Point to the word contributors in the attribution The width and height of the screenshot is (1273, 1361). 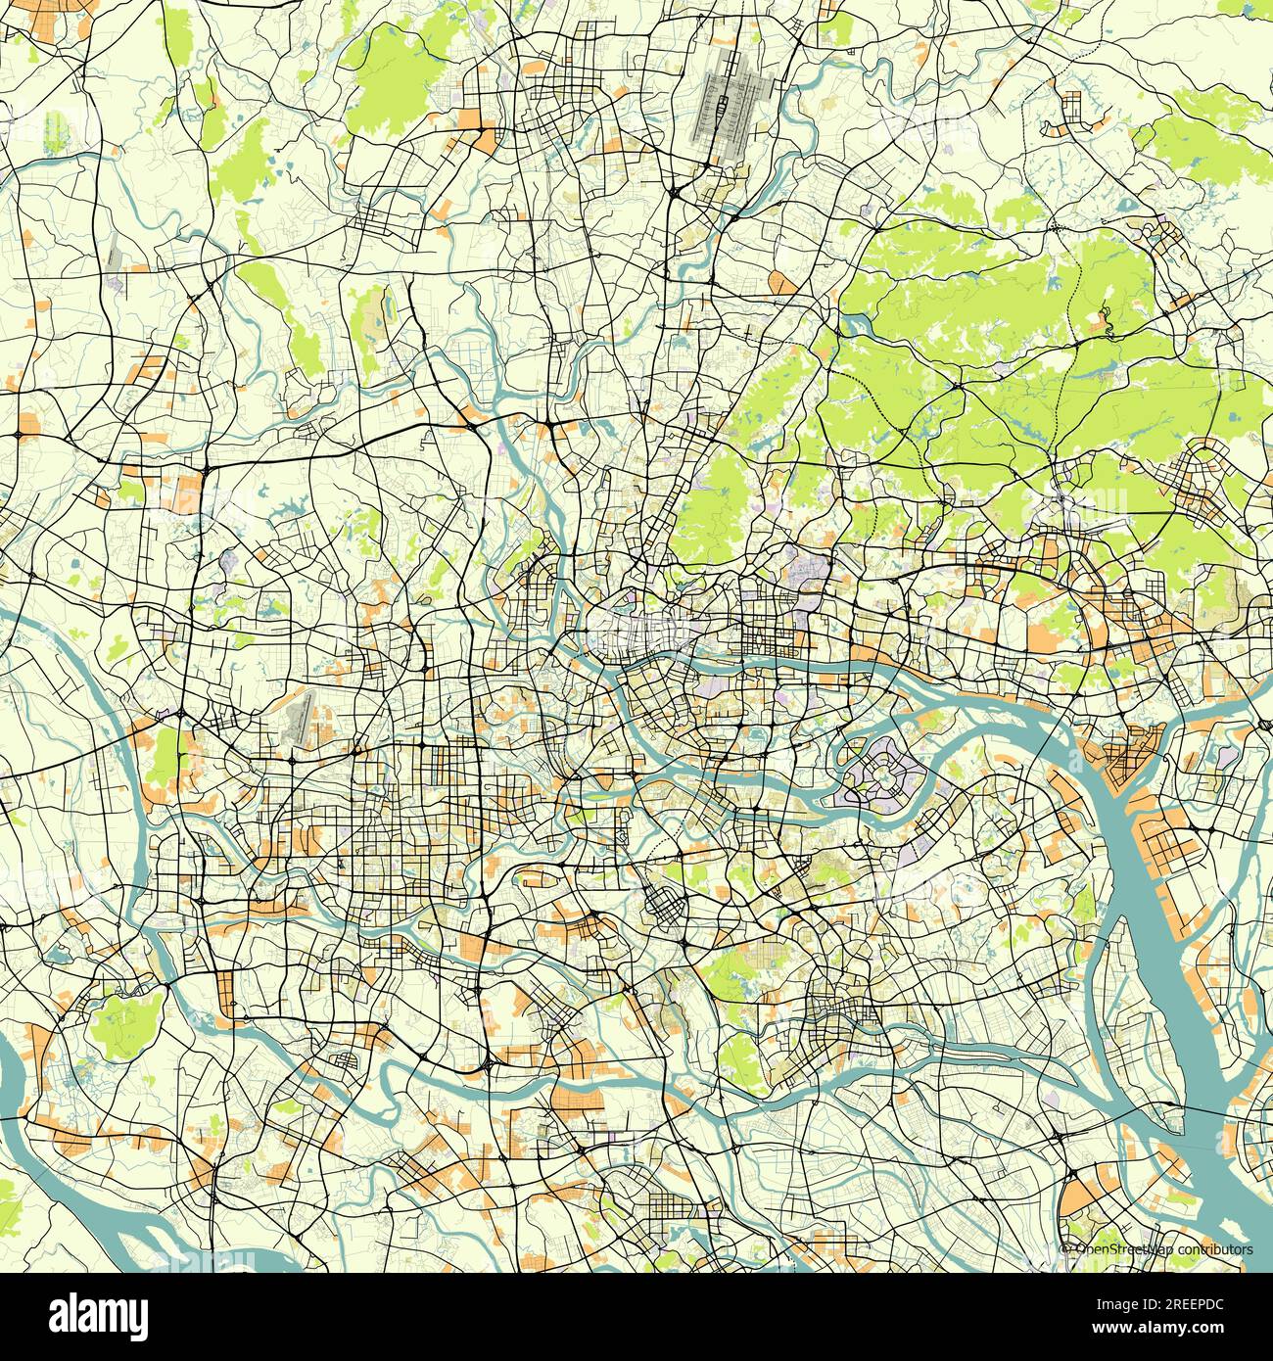click(x=1215, y=1249)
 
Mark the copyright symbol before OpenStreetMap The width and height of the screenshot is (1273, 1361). click(x=1067, y=1249)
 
